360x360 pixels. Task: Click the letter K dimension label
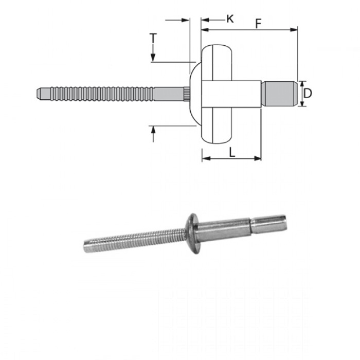pyautogui.click(x=230, y=19)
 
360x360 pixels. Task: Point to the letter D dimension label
pyautogui.click(x=307, y=93)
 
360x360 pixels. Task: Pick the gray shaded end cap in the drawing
pyautogui.click(x=279, y=94)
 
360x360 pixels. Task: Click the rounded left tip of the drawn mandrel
pyautogui.click(x=40, y=94)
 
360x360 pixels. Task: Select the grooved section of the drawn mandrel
pyautogui.click(x=103, y=94)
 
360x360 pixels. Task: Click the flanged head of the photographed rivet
pyautogui.click(x=188, y=231)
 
